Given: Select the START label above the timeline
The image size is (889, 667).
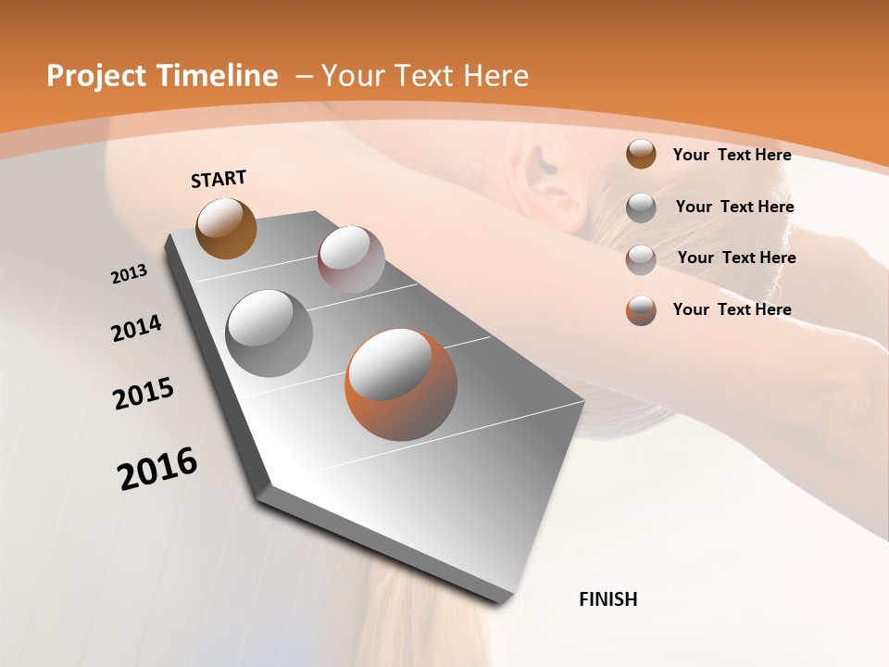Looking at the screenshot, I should [x=219, y=178].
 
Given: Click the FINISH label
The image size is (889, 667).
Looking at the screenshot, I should [x=607, y=599].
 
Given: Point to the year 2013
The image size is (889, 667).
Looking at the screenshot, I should [x=129, y=274].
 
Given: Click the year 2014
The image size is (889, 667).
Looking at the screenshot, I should [x=136, y=328].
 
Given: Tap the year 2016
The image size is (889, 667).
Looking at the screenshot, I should [x=157, y=468].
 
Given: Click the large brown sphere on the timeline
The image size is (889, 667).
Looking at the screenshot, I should [x=227, y=228].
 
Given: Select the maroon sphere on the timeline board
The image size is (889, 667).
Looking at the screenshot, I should [x=351, y=259].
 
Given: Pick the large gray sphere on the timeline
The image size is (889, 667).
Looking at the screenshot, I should [x=269, y=333].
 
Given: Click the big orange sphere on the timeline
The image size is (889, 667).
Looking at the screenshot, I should [x=401, y=385].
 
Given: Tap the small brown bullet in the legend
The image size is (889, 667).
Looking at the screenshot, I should [x=641, y=154].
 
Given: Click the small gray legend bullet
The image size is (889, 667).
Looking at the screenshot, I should [x=641, y=207].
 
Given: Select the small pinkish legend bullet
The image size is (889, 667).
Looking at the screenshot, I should [x=641, y=258].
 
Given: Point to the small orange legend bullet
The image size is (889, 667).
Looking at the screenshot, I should [x=641, y=310].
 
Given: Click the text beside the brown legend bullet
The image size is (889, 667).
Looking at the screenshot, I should [x=732, y=155].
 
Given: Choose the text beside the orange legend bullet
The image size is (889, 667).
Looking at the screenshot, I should [x=732, y=309].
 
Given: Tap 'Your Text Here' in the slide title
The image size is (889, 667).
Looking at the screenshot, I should [x=425, y=76].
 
